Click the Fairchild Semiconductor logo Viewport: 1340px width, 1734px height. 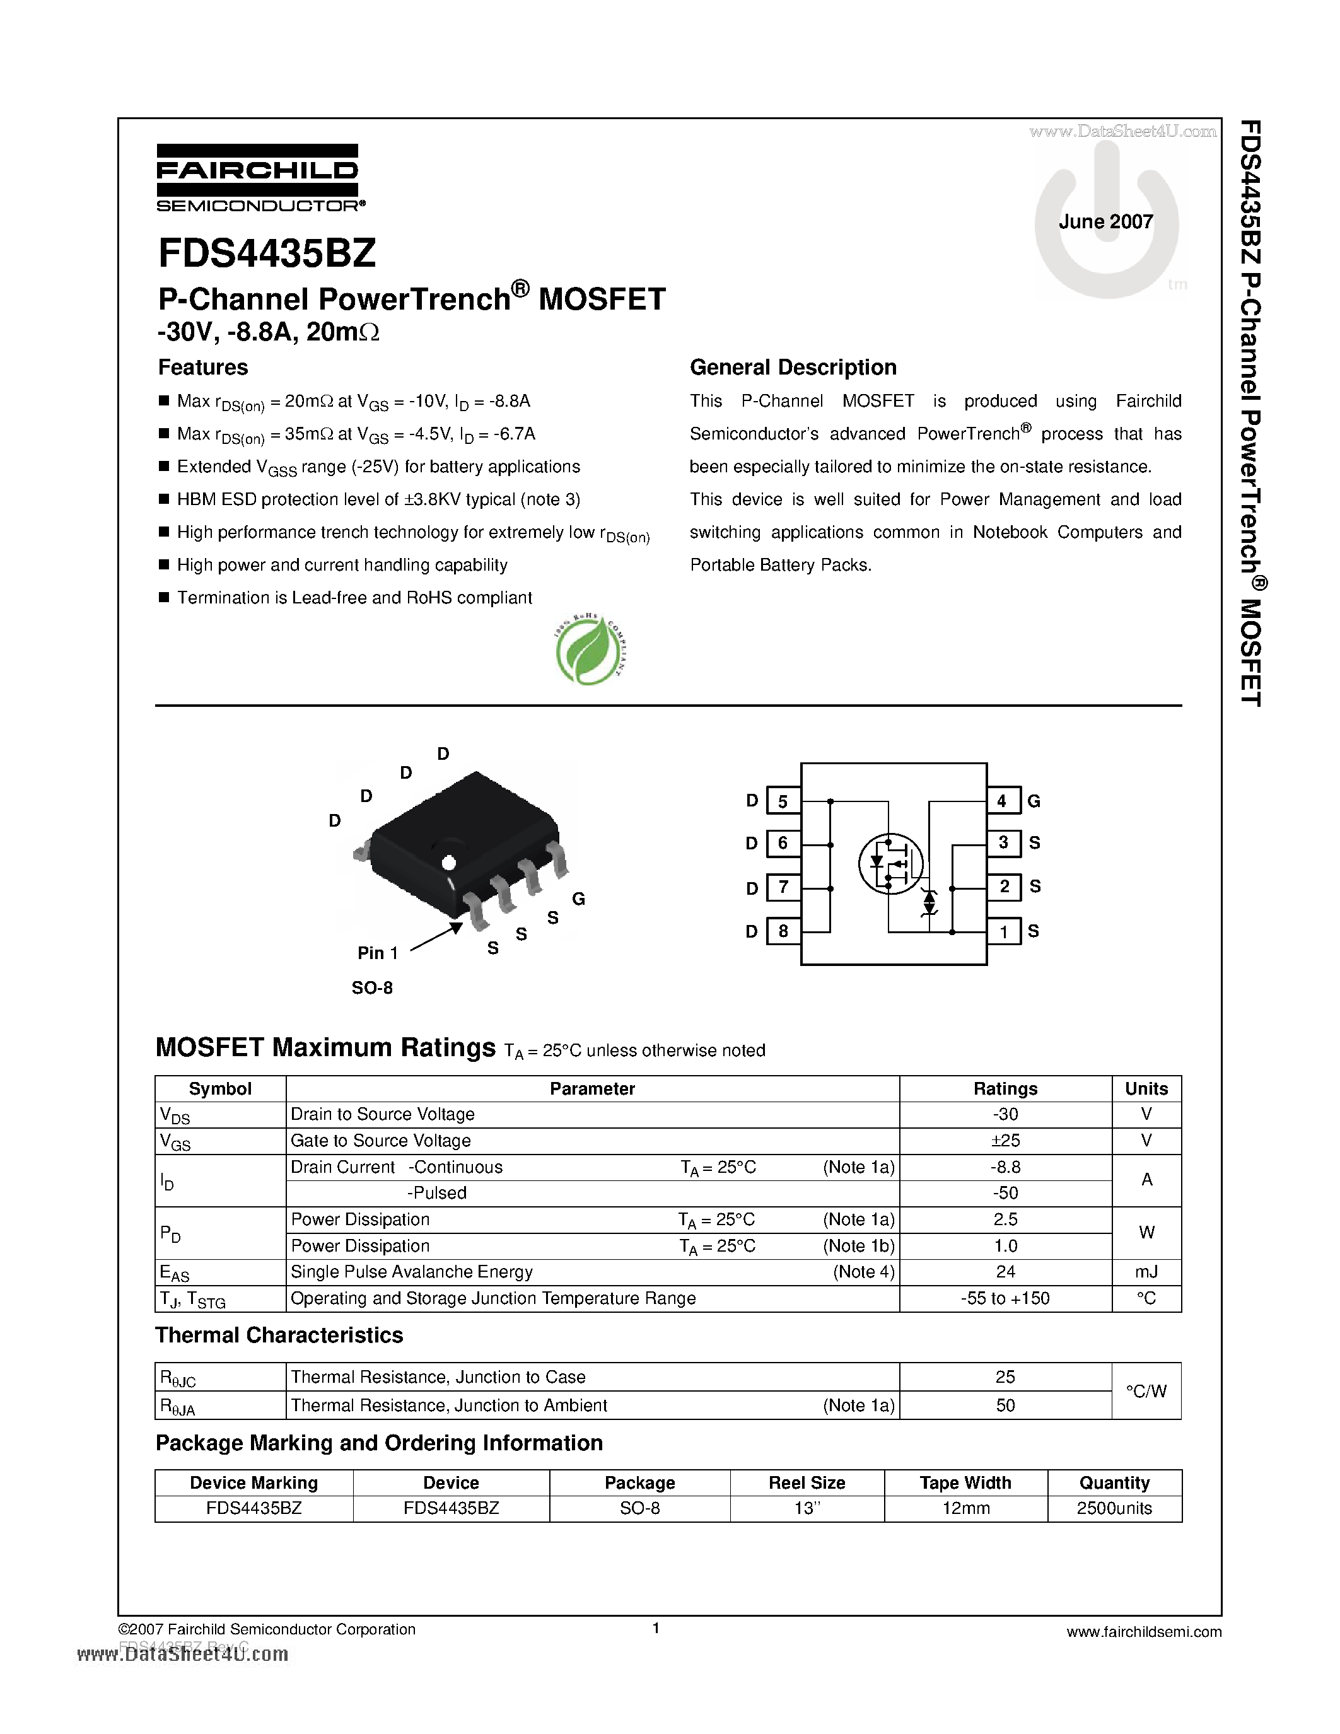[x=259, y=178]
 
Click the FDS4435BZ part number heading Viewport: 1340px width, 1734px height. [x=267, y=254]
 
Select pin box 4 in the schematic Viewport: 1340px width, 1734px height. [x=1003, y=801]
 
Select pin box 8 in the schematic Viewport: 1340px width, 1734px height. [x=783, y=931]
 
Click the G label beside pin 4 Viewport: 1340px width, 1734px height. [x=1034, y=801]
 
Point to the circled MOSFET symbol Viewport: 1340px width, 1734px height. [x=890, y=863]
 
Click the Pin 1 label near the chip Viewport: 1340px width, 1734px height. [x=377, y=953]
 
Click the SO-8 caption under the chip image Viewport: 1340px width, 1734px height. [x=371, y=987]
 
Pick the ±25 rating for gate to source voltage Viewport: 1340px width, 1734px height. [x=1005, y=1140]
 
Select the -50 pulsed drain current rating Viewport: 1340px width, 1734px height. [x=1005, y=1192]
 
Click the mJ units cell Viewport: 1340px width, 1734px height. [x=1146, y=1272]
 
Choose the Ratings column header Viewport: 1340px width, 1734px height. [x=1005, y=1088]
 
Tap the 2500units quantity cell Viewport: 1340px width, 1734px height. [x=1114, y=1508]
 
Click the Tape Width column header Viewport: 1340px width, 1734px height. [x=965, y=1483]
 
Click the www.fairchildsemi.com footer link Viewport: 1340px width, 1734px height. [x=1144, y=1632]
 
